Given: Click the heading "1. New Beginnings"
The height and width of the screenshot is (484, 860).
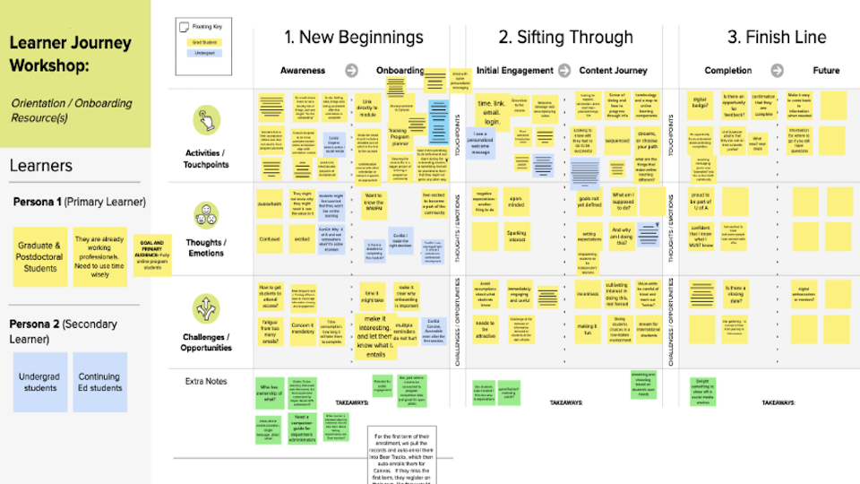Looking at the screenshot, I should pos(353,37).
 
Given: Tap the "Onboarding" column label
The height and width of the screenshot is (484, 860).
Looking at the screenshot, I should pos(400,70).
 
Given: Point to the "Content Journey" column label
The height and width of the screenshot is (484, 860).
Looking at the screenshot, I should pos(613,70).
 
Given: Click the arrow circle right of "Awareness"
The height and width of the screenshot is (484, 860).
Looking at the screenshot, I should pos(351,70).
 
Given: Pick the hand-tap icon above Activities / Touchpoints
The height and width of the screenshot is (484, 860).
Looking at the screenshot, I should pos(206,120).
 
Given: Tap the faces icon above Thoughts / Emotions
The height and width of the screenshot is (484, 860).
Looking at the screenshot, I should pos(206,214).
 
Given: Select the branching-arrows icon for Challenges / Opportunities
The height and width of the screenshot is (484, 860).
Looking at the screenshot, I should pos(206,308).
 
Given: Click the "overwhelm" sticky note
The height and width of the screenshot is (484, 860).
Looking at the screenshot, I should pos(271,203).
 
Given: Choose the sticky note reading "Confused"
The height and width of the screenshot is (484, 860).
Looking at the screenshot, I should pos(271,240).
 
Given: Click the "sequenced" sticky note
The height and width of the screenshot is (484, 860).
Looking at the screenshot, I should pos(618,140).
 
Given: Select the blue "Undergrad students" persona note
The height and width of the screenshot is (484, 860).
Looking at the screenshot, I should pos(39,382).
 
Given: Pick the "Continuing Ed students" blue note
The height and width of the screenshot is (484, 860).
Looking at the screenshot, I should pos(99,382).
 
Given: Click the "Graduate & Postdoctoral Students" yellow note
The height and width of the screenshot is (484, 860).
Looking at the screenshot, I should pos(39,256).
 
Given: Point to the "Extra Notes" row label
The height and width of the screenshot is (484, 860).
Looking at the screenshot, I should pos(206,382).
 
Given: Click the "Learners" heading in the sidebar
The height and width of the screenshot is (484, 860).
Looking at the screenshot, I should pos(40,166).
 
